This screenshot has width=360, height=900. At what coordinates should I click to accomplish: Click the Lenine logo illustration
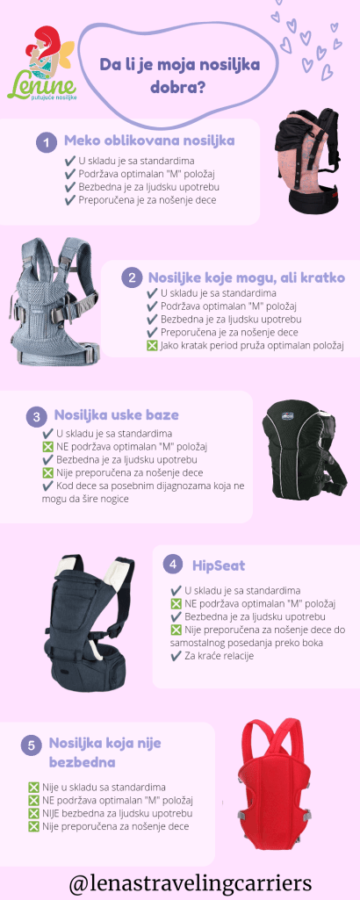[x=41, y=63]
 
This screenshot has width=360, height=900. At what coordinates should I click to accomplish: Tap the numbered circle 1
[x=47, y=142]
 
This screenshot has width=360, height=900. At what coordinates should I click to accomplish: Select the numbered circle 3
[x=37, y=417]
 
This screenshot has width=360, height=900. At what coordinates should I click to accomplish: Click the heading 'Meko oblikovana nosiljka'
[x=149, y=140]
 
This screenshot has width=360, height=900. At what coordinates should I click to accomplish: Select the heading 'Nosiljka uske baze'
[x=117, y=414]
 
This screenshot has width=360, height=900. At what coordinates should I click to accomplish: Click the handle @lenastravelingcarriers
[x=191, y=882]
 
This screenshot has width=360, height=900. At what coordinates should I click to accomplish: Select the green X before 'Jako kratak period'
[x=152, y=346]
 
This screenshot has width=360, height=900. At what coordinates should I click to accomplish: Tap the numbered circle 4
[x=173, y=565]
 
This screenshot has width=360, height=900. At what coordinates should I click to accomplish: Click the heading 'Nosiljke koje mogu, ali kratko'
[x=247, y=277]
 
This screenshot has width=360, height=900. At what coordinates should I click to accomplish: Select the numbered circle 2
[x=132, y=279]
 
